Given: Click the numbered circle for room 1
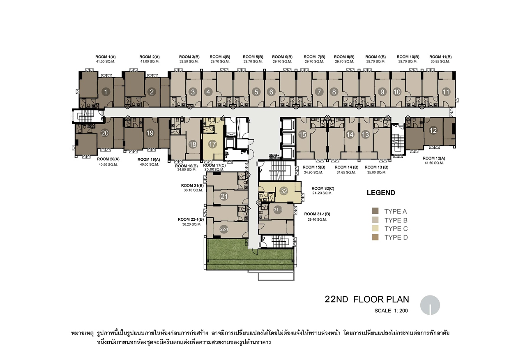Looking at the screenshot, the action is point(106,92).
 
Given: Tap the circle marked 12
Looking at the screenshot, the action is point(433,130).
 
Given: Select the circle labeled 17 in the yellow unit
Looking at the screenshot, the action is point(212,144).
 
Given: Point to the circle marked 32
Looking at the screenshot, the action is point(284,191).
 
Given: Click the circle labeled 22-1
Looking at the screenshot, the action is point(224,229).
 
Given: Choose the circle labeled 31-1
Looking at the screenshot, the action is point(278,210).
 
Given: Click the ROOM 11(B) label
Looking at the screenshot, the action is point(440,57).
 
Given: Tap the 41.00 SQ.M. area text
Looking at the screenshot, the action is point(150,62).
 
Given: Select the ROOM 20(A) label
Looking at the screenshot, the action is point(108,159).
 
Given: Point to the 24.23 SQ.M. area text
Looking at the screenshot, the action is point(322,193).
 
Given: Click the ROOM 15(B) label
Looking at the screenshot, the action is point(314,167).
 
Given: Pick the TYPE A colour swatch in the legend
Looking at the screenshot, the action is point(375,211).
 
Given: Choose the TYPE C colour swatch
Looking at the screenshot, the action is point(375,228).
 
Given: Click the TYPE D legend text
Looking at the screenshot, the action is point(396,238).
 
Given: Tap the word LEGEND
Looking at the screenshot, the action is point(381,193).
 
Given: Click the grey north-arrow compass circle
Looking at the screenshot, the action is point(430,305).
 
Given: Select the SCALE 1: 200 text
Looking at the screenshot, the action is point(391,311).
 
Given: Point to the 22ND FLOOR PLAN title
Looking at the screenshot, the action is point(367,299).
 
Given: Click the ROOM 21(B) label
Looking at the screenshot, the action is point(192,186).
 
